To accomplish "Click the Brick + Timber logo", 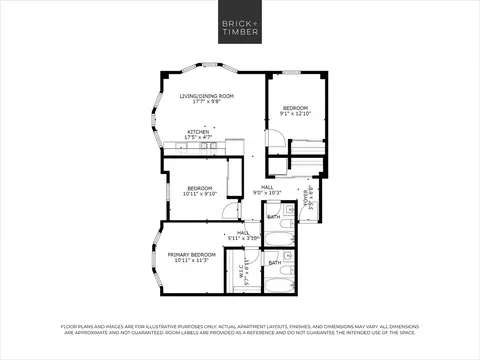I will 239,26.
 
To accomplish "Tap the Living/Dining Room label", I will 207,98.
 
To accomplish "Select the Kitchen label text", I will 198,134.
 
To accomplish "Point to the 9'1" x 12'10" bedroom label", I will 294,111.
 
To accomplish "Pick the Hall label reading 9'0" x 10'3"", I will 267,189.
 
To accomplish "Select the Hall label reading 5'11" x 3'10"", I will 243,235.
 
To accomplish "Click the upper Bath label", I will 273,215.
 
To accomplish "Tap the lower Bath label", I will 273,262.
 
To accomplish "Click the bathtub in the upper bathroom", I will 279,238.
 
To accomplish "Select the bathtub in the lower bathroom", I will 280,284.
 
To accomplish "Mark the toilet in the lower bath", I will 287,271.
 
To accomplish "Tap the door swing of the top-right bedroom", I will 273,142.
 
